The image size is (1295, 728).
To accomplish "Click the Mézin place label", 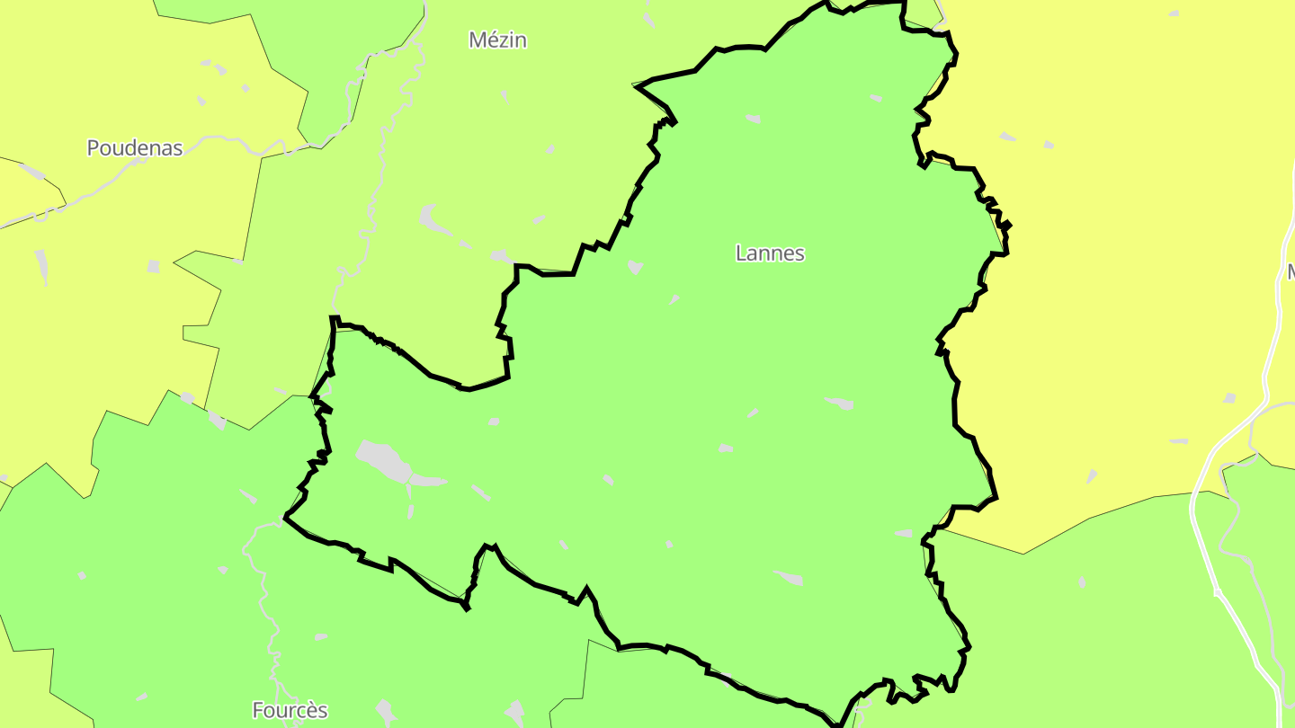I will [x=497, y=40].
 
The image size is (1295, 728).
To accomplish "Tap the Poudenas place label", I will [x=135, y=148].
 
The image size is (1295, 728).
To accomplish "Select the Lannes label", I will [x=770, y=253].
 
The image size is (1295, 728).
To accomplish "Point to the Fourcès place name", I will [x=290, y=711].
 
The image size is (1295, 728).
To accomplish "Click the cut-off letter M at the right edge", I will [x=1290, y=271].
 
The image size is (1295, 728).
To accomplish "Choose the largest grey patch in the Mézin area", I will [x=433, y=219].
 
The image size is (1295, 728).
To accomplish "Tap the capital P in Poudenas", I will [x=93, y=148].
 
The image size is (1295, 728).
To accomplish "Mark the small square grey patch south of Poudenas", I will [x=154, y=267].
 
